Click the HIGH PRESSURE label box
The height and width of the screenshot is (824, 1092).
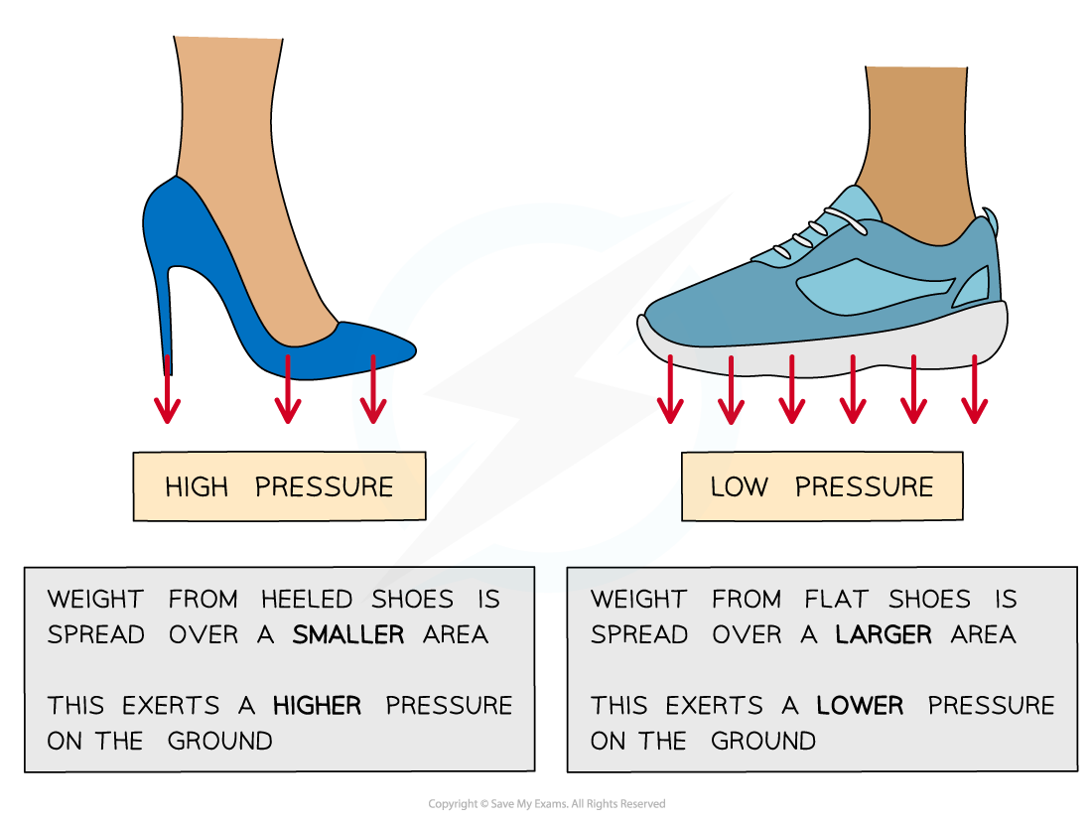[x=279, y=486]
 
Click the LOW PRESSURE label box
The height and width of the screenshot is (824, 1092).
[x=821, y=486]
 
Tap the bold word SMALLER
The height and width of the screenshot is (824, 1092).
[x=347, y=634]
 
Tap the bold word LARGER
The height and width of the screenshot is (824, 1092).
[x=884, y=634]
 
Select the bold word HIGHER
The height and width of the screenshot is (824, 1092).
[x=318, y=706]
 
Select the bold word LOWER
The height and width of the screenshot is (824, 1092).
[x=860, y=706]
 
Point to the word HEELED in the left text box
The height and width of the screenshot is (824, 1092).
[x=307, y=600]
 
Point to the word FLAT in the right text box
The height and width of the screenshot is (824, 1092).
[x=841, y=600]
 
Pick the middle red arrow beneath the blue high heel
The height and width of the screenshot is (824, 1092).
[x=287, y=389]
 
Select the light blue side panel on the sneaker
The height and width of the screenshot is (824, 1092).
[x=864, y=282]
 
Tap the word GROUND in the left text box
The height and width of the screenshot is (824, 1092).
[x=219, y=741]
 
